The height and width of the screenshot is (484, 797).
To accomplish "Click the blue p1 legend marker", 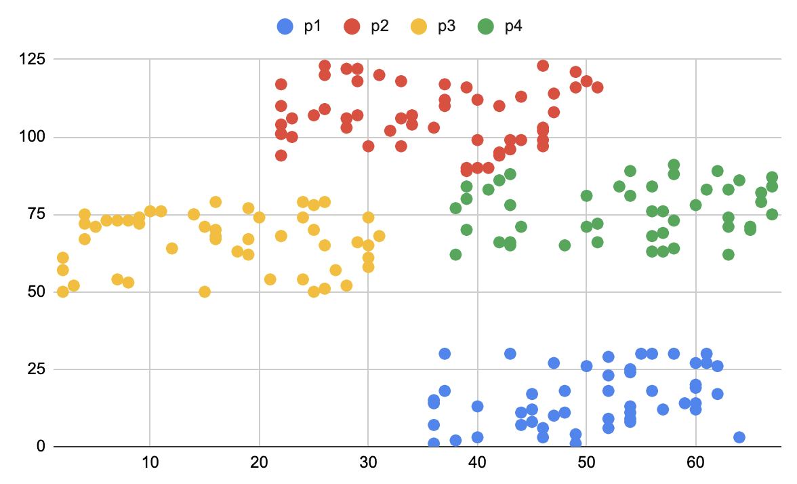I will pyautogui.click(x=285, y=26).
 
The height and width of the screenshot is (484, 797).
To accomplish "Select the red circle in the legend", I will pyautogui.click(x=352, y=26).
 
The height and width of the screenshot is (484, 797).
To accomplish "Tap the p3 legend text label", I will pyautogui.click(x=446, y=26).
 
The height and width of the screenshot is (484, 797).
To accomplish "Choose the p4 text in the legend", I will pyautogui.click(x=513, y=26).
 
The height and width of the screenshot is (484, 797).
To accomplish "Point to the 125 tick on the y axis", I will pyautogui.click(x=32, y=60).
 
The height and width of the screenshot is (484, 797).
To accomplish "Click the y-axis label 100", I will pyautogui.click(x=32, y=138).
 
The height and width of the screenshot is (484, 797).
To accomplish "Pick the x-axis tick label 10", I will pyautogui.click(x=150, y=467).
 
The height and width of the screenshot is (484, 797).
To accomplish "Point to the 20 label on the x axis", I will pyautogui.click(x=259, y=467).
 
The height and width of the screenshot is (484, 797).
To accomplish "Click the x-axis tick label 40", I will pyautogui.click(x=477, y=467).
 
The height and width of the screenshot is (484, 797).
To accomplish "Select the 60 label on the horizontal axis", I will pyautogui.click(x=695, y=467).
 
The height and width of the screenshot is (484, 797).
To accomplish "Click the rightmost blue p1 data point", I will pyautogui.click(x=739, y=437).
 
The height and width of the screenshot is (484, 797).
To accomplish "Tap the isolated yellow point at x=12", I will pyautogui.click(x=171, y=248).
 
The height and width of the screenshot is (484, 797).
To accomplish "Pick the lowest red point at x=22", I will pyautogui.click(x=281, y=155).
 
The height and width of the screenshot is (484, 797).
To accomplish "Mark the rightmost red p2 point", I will pyautogui.click(x=597, y=87).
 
